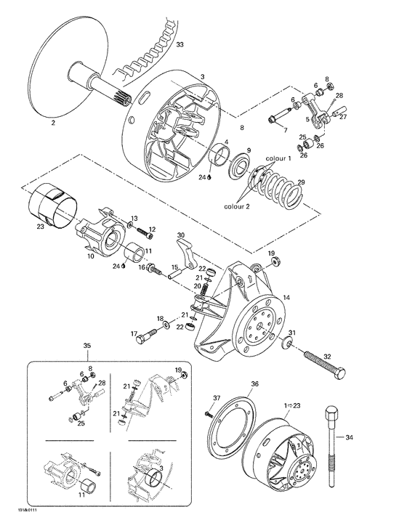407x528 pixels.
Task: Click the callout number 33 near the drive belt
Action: (180, 45)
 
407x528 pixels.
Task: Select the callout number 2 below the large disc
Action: (52, 123)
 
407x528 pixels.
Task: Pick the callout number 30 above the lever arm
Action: (180, 235)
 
